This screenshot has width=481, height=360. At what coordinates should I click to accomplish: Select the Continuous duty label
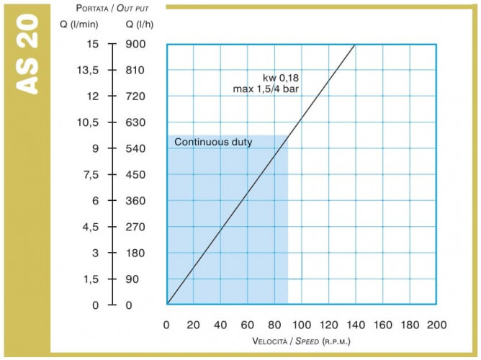click(213, 142)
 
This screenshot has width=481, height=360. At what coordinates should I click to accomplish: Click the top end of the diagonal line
click(355, 45)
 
